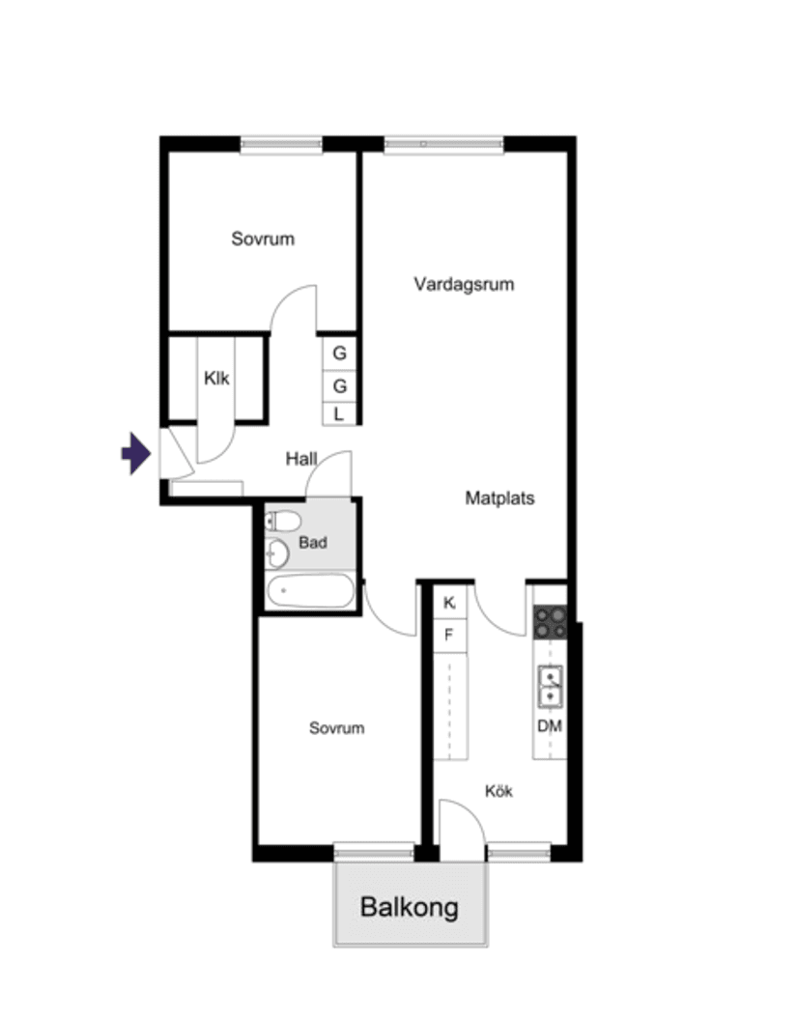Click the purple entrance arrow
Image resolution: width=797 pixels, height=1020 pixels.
coord(136,453)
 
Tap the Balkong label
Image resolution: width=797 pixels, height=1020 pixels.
coord(410,907)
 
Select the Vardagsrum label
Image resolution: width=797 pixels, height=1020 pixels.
coord(464,284)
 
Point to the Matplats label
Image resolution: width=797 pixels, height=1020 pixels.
coord(499,498)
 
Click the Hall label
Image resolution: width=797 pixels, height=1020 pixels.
coord(301,459)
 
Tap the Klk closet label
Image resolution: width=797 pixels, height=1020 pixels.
coord(216,378)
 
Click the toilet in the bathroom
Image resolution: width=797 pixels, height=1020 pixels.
coord(283,521)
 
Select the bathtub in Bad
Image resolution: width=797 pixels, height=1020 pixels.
coord(310,591)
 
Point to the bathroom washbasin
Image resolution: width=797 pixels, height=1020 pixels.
coord(277,553)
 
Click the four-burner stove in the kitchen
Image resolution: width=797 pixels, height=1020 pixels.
coord(551,622)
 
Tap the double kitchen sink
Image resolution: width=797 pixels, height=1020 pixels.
coord(551,687)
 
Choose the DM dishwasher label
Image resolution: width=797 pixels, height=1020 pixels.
coord(550,726)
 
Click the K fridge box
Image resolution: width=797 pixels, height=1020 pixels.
coord(449,603)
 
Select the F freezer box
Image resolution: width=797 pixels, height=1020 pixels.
coord(449,635)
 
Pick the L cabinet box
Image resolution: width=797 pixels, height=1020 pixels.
coord(339,414)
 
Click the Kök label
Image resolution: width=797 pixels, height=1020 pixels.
coord(499,791)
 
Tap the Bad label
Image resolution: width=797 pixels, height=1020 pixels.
coord(313,543)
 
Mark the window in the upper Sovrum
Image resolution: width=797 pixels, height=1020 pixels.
coord(281,145)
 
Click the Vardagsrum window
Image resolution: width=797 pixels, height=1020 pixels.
coord(443,145)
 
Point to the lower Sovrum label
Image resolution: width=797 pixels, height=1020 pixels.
coord(336,728)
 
